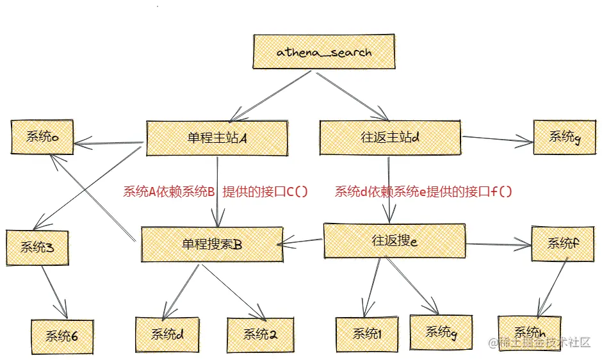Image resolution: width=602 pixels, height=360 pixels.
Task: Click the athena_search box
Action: tap(323, 52)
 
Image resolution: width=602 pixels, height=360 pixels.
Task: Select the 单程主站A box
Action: tap(215, 137)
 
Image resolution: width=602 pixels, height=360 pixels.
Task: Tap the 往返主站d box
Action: tap(390, 136)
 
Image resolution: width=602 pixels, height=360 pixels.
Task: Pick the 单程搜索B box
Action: tap(211, 244)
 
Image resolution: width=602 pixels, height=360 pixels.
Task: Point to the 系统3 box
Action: tap(37, 247)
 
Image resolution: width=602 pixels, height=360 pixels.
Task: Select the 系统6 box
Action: tap(62, 336)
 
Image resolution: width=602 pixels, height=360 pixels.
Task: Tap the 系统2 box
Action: tap(259, 334)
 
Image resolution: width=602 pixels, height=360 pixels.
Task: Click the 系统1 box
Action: tap(367, 334)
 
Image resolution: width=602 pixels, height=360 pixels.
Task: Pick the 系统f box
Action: tap(562, 243)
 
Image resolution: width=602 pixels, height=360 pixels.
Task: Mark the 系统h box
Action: tap(529, 332)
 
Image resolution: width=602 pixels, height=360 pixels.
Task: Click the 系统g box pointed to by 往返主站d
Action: tap(563, 136)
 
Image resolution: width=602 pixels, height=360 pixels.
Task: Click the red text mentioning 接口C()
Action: tap(215, 192)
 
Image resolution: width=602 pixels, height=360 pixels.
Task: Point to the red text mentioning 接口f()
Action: tap(424, 192)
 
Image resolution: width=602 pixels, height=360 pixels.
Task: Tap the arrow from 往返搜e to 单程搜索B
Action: tap(302, 241)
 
